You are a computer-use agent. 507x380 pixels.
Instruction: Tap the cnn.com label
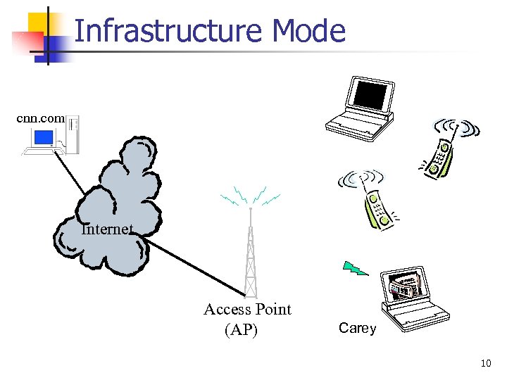[x=40, y=119]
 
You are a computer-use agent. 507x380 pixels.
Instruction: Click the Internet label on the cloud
[x=106, y=229]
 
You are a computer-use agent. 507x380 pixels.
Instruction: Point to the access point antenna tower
[x=249, y=253]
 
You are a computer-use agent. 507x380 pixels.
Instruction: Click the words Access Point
[x=247, y=309]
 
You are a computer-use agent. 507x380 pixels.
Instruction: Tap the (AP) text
[x=241, y=329]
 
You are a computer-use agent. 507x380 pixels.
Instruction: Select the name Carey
[x=357, y=328]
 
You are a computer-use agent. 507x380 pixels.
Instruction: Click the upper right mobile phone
[x=444, y=151]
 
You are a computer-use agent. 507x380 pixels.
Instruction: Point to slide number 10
[x=485, y=363]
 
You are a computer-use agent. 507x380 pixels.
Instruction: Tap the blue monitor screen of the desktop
[x=44, y=138]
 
